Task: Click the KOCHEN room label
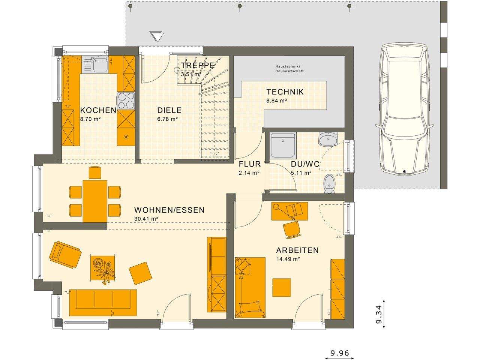98,110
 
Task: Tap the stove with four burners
126,100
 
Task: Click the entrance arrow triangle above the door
157,36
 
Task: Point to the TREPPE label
198,65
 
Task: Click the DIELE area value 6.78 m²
167,119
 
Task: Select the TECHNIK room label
285,92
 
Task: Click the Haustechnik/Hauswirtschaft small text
289,68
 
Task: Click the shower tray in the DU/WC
283,145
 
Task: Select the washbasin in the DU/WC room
328,139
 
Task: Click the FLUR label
249,164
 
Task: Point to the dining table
95,201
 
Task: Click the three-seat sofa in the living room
103,303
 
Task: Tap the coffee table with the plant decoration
103,267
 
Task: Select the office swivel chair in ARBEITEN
292,229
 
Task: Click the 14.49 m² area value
288,259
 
